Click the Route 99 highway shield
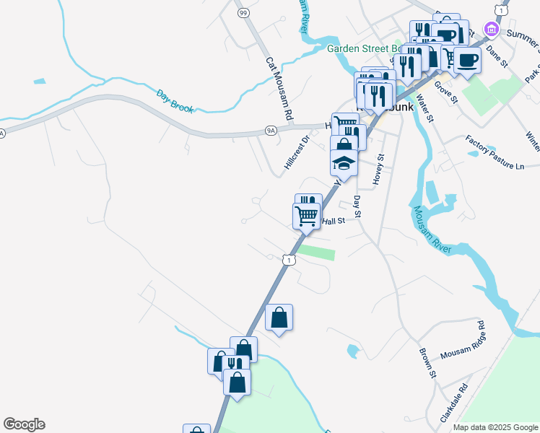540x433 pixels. coord(243,13)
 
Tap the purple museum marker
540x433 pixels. coord(492,30)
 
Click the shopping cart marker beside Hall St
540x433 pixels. coord(307,215)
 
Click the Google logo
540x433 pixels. coord(24,424)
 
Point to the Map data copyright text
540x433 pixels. coord(495,427)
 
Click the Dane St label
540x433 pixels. coord(497,56)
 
